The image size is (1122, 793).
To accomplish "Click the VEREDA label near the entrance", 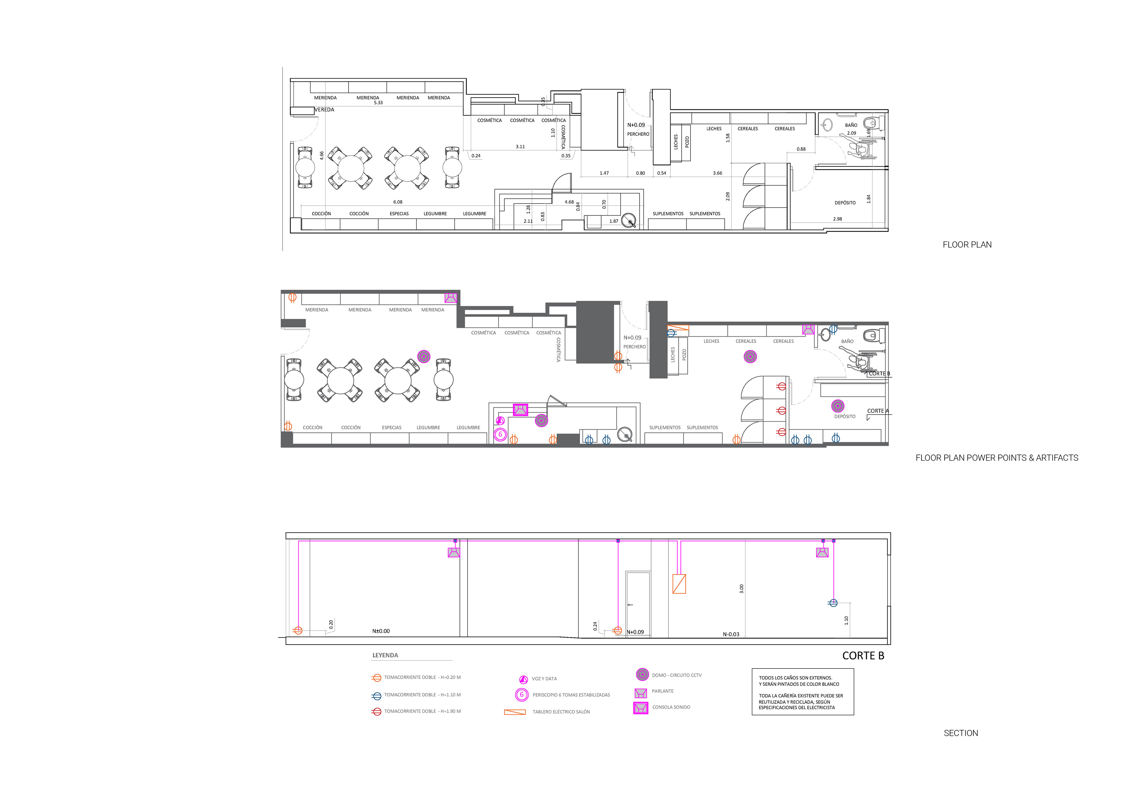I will pos(325,110).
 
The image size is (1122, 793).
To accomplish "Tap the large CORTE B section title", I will pos(863,656).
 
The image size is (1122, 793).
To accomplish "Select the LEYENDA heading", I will pos(385,655).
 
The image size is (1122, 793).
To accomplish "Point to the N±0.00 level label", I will pos(381,631).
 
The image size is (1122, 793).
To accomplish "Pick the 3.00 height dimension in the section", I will pos(741,589).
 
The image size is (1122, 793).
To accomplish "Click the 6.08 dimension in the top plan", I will pos(398,202).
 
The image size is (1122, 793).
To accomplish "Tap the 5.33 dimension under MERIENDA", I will pos(378,103).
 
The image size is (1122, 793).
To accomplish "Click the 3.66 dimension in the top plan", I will pos(717,173).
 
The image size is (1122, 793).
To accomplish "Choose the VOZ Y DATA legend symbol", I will pos(523,679).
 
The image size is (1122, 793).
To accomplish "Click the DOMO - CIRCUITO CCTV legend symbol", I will pos(642,675).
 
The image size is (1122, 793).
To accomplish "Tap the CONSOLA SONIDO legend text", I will pos(671,707).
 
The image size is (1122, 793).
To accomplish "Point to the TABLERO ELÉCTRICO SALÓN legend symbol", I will pos(515,712).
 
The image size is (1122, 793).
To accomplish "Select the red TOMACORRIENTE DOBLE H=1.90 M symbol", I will pos(376,712).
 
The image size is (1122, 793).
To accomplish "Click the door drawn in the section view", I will pos(638,604).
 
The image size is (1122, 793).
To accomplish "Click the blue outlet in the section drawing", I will pos(833,603).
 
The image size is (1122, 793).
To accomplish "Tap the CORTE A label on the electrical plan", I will pos(878,411).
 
